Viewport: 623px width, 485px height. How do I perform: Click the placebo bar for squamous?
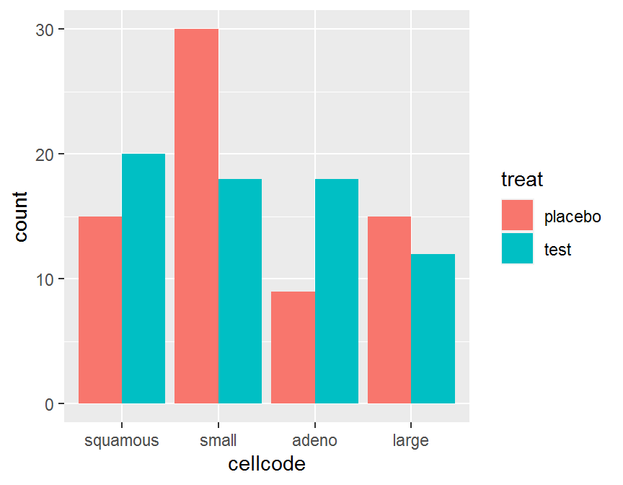click(100, 310)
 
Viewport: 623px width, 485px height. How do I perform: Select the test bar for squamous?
click(143, 279)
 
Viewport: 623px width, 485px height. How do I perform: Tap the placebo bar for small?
click(196, 216)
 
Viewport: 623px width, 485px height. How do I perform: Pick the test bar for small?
click(240, 291)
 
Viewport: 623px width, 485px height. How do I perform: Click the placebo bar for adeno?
click(293, 347)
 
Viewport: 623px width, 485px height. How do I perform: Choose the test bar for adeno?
click(337, 291)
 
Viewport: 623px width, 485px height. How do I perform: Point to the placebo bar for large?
click(389, 310)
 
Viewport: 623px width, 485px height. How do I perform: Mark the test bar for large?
click(433, 328)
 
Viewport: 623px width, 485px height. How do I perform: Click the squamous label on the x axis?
click(122, 440)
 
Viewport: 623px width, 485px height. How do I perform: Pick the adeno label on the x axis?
click(315, 440)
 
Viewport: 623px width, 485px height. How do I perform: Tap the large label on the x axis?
click(411, 440)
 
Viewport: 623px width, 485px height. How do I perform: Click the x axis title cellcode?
click(267, 464)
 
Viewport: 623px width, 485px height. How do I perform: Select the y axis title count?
click(22, 216)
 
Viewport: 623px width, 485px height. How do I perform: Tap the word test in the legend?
click(557, 250)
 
